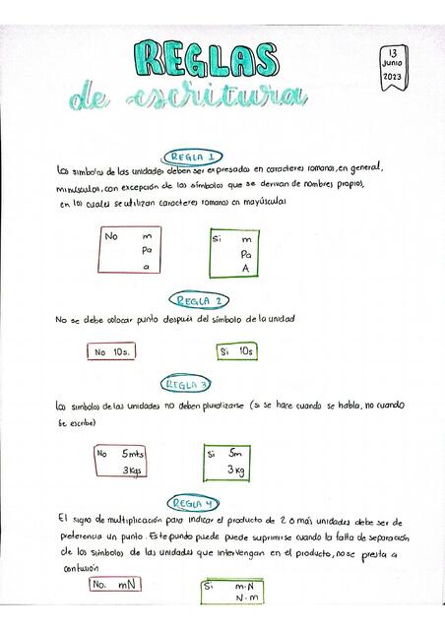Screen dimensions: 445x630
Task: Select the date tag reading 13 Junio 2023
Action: point(392,65)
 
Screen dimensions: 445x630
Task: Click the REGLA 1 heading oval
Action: point(193,157)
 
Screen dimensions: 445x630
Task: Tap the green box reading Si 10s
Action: point(236,350)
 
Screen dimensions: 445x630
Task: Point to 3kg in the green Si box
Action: point(235,471)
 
